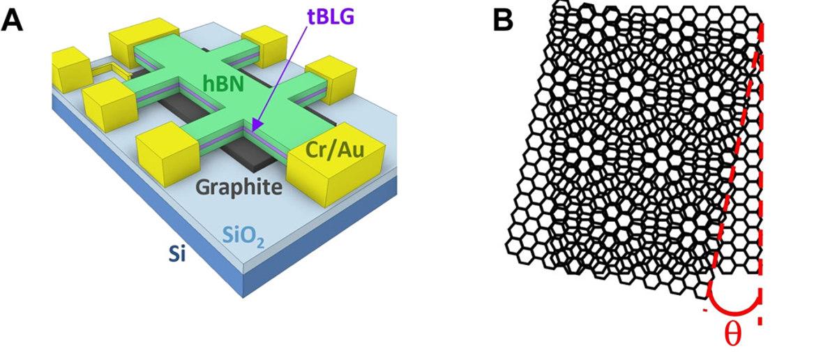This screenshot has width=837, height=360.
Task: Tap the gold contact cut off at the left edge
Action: pos(66,66)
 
